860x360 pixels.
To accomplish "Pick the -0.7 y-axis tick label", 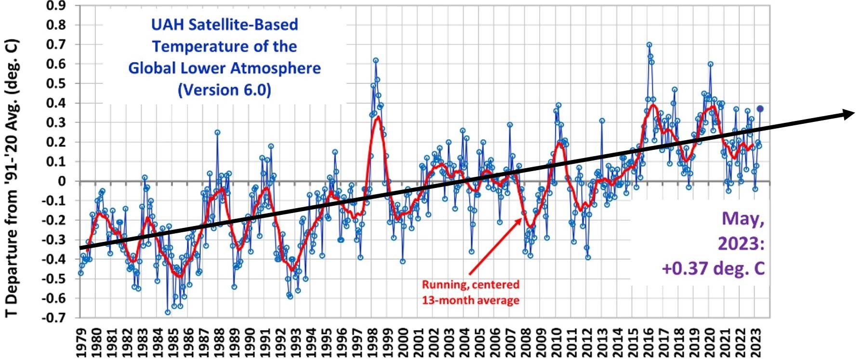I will [54, 318].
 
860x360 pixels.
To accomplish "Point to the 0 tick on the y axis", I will [62, 181].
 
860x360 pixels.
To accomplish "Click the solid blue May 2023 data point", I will [760, 109].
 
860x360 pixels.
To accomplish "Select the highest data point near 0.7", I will [649, 45].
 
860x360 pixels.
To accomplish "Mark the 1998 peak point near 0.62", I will [376, 61].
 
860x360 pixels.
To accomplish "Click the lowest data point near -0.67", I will [168, 312].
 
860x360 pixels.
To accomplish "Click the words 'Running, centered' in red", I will [471, 284].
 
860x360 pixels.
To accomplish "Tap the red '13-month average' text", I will [471, 300].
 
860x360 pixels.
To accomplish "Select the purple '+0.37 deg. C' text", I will [713, 268].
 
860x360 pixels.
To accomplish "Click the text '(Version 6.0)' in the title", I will [225, 90].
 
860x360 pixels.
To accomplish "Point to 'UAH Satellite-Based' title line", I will [225, 25].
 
